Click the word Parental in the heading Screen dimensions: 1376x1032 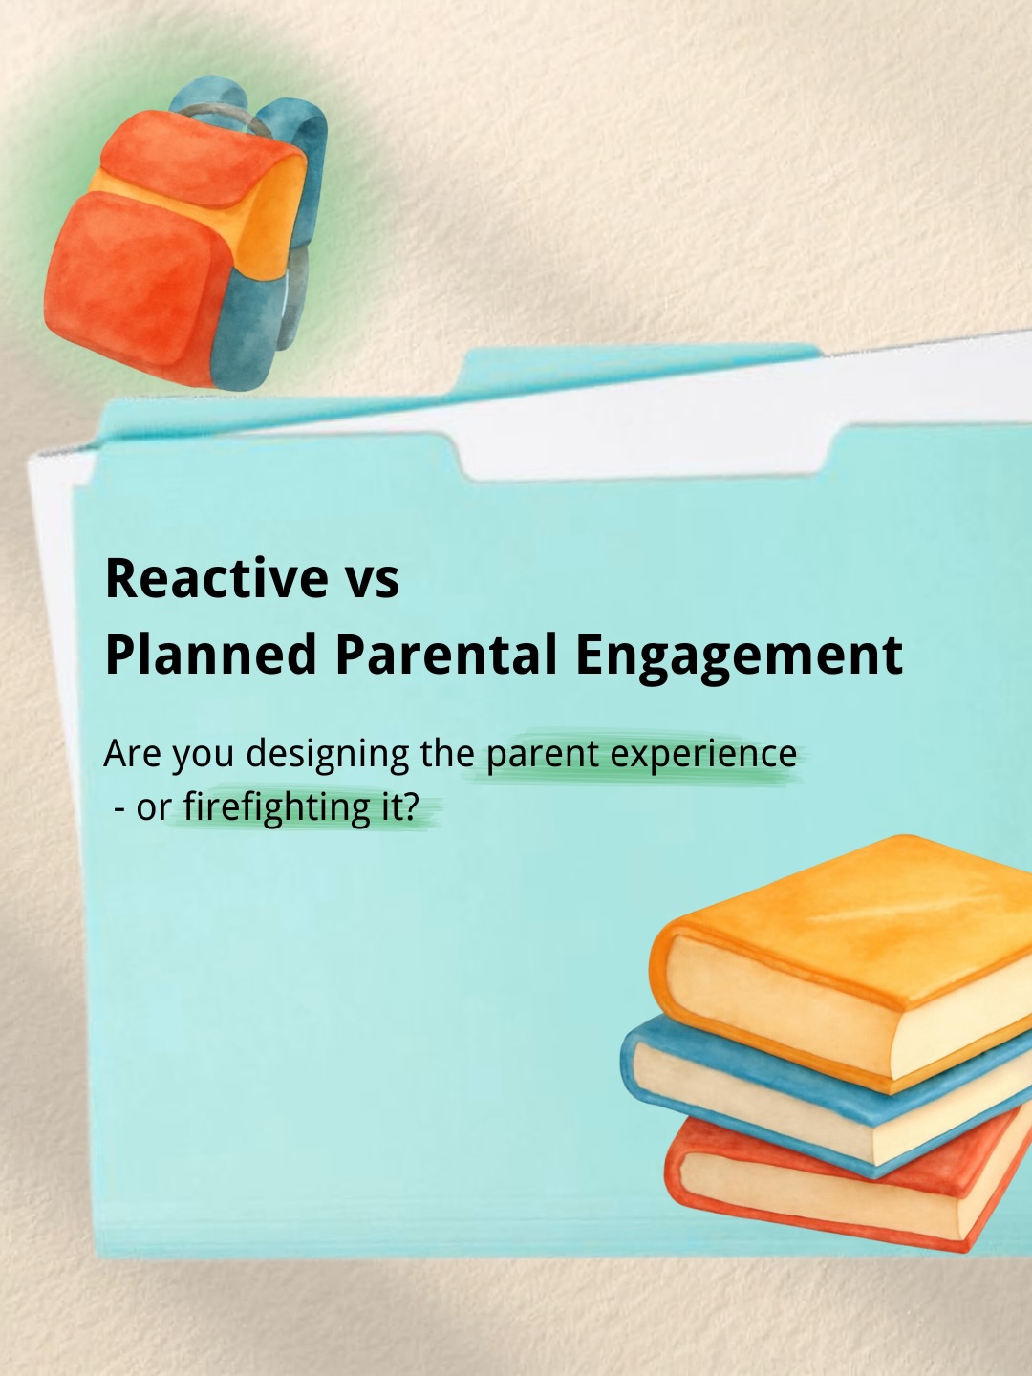click(445, 656)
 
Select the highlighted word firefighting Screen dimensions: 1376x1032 click(276, 808)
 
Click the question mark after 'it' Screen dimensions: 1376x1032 click(411, 807)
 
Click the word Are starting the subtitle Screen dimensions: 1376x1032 click(132, 755)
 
